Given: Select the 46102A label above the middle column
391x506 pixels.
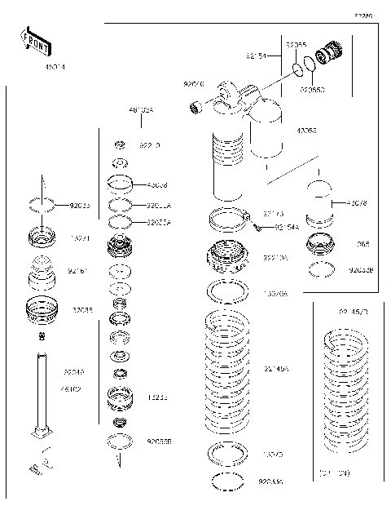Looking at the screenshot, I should (x=141, y=109).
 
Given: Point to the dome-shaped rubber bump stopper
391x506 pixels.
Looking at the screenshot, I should (x=41, y=272).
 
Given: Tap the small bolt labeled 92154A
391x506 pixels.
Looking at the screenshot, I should (x=257, y=227).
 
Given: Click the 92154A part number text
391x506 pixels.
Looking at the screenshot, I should (x=287, y=228).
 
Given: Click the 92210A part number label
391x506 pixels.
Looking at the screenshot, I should (x=275, y=257).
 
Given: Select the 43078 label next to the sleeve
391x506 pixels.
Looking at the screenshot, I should (x=358, y=203).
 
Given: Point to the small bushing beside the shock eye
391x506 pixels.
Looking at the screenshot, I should (x=195, y=105).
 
